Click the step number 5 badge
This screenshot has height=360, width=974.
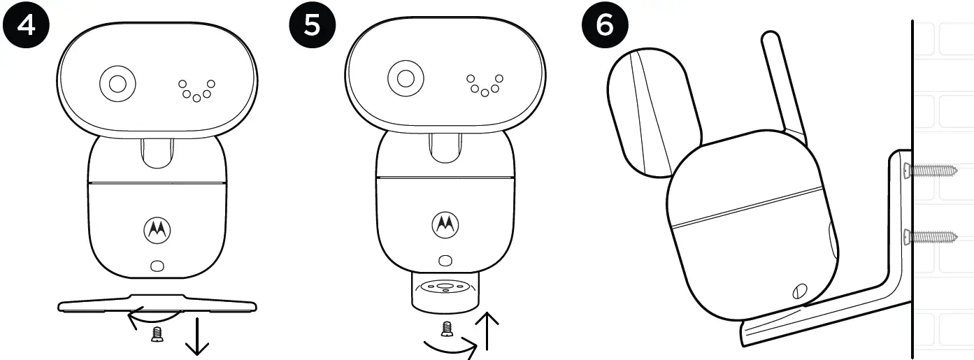point(311,26)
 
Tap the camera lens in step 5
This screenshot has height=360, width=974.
point(405,78)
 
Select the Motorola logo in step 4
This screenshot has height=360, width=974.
point(157,229)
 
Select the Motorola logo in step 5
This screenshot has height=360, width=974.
point(443,223)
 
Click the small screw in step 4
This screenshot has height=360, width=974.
point(157,336)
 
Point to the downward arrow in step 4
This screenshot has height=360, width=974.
point(198,340)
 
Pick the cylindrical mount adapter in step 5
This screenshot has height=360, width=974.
point(445,291)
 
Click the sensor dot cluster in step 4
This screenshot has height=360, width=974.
point(196,89)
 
